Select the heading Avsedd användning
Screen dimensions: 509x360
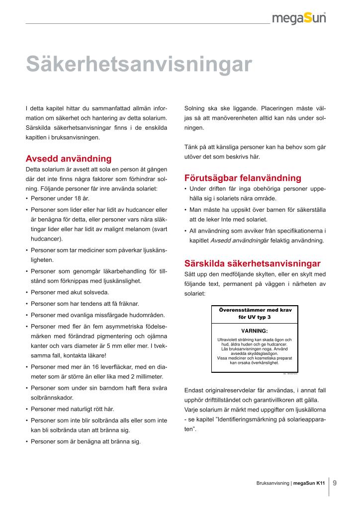pyautogui.click(x=68, y=159)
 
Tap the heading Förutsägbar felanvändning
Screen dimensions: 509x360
pyautogui.click(x=243, y=178)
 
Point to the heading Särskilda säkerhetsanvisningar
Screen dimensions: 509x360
pyautogui.click(x=252, y=263)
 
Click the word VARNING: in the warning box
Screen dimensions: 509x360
pyautogui.click(x=255, y=331)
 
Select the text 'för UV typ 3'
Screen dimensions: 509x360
pyautogui.click(x=255, y=317)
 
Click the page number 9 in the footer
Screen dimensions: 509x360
pyautogui.click(x=335, y=482)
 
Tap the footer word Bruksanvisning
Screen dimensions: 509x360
pyautogui.click(x=273, y=483)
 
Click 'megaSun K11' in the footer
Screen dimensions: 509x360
pyautogui.click(x=309, y=483)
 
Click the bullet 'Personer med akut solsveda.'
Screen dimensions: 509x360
pyautogui.click(x=70, y=292)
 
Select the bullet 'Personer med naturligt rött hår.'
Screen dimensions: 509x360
pyautogui.click(x=73, y=409)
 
